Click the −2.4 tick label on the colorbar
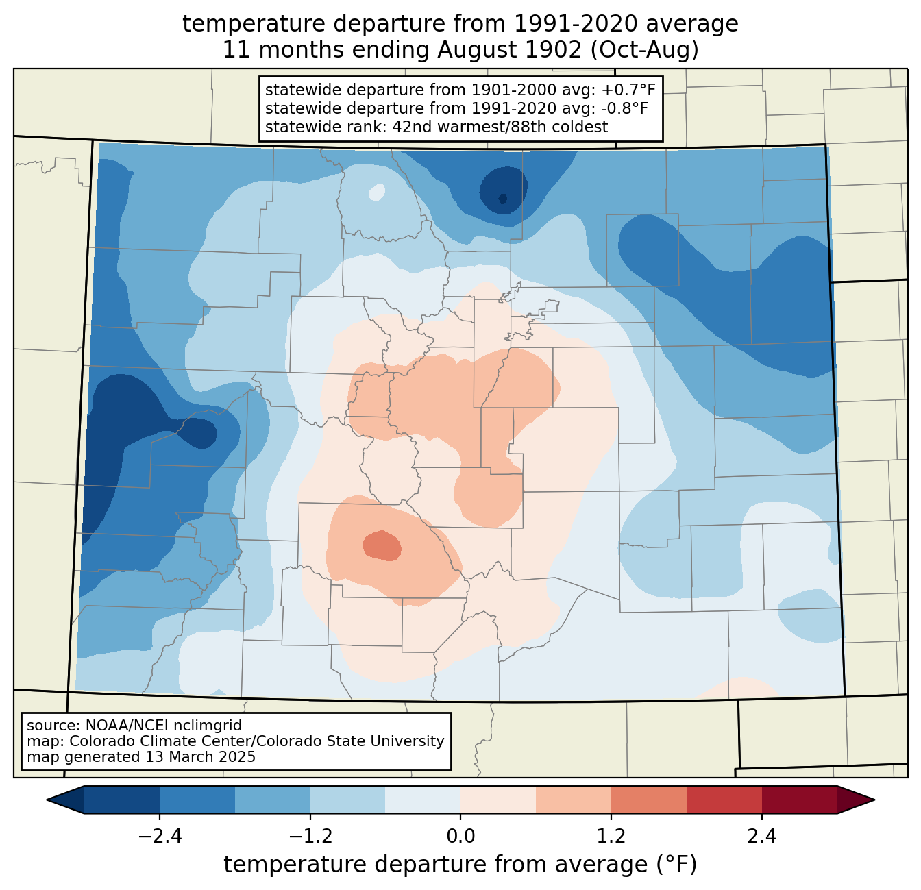pos(160,837)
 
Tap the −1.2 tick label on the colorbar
pos(311,837)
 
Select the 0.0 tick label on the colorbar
pos(460,837)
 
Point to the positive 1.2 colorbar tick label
pos(611,837)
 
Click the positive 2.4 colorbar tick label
pos(762,837)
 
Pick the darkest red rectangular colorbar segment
pos(800,800)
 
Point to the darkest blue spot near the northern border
pos(502,198)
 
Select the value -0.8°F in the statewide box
pos(624,108)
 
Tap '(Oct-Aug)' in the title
pos(645,50)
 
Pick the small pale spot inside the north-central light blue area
pos(377,193)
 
